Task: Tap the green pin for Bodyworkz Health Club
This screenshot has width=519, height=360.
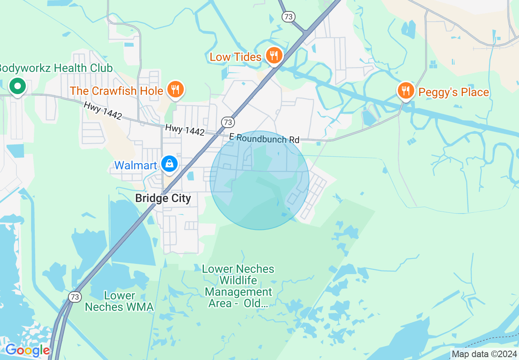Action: [18, 86]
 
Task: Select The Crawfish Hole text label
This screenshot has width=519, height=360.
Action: [116, 90]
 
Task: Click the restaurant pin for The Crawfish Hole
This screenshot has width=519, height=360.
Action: [176, 89]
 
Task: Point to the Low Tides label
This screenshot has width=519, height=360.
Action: [235, 57]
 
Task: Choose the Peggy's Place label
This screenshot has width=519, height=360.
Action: [454, 92]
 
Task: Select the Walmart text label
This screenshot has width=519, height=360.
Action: [135, 165]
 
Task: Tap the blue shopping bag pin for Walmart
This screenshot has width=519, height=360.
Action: [169, 164]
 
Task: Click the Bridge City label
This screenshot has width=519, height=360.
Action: [163, 198]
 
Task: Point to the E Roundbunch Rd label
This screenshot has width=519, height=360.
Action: [264, 138]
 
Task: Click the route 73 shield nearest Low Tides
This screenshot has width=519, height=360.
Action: [288, 17]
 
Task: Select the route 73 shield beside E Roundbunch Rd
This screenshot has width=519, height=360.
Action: [228, 122]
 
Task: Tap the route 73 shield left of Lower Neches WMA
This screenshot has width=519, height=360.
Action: [75, 297]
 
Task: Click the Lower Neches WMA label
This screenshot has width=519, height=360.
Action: [119, 301]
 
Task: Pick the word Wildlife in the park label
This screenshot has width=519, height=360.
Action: [238, 281]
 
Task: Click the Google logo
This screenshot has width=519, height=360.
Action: [27, 350]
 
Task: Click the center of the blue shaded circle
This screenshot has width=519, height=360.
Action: [259, 180]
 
